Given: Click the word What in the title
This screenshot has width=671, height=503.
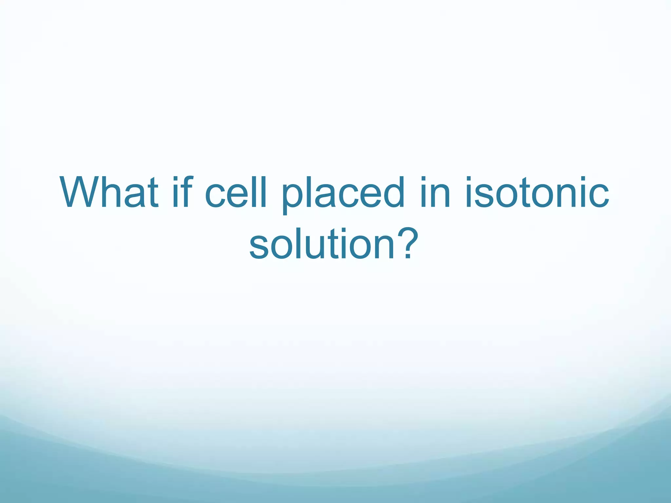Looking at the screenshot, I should (x=109, y=193).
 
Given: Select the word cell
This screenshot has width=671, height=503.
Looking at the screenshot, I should (x=236, y=193).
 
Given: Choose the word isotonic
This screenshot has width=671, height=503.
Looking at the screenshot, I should (x=537, y=193).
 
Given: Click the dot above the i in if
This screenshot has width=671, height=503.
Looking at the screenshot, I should (x=175, y=179).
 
